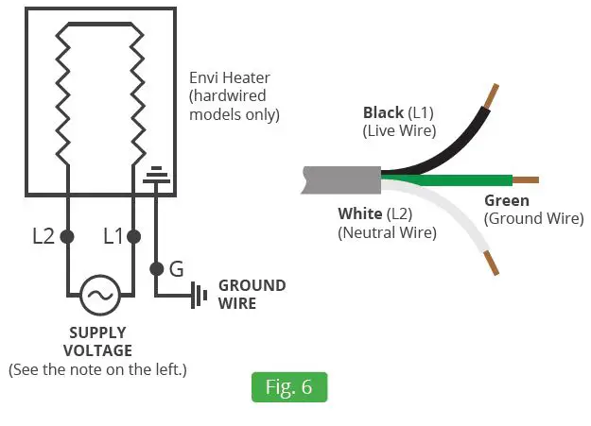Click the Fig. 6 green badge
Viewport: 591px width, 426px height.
(288, 387)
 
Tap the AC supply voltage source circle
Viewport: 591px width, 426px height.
(98, 295)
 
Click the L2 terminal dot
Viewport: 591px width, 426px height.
(67, 236)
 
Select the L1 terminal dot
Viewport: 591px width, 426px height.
(134, 236)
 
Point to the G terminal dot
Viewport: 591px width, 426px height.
(155, 269)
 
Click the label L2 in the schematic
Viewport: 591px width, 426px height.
(43, 237)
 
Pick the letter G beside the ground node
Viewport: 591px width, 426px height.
(176, 269)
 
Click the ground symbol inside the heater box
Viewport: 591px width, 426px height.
(155, 176)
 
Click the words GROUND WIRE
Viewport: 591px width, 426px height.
(251, 295)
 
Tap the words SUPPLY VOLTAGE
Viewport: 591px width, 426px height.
(98, 342)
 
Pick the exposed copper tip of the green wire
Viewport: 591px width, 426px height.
(526, 179)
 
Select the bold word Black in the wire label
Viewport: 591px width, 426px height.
(383, 113)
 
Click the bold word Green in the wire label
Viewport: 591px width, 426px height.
(507, 200)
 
